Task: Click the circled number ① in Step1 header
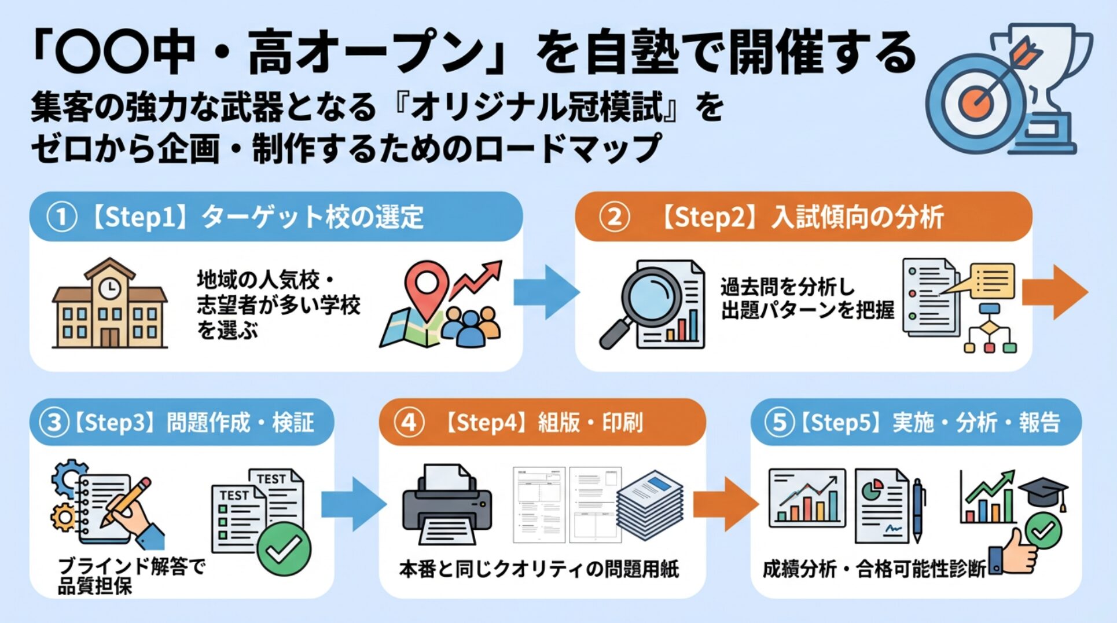pyautogui.click(x=62, y=218)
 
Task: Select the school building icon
pyautogui.click(x=109, y=305)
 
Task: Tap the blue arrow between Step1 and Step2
pyautogui.click(x=546, y=292)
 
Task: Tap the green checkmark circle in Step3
pyautogui.click(x=284, y=548)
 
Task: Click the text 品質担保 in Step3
pyautogui.click(x=95, y=587)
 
